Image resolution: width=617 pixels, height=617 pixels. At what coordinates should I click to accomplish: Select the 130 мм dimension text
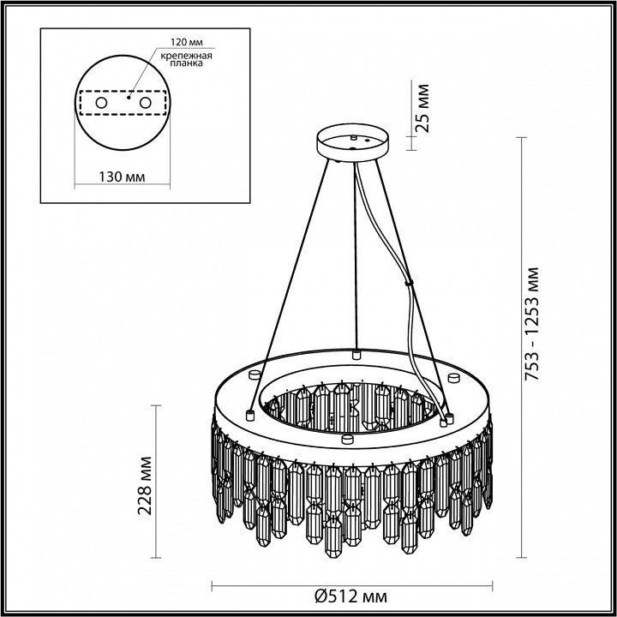pyautogui.click(x=120, y=177)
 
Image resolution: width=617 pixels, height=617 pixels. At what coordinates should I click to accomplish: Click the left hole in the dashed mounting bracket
pyautogui.click(x=101, y=103)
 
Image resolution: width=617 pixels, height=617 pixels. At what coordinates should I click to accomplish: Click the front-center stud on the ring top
pyautogui.click(x=347, y=440)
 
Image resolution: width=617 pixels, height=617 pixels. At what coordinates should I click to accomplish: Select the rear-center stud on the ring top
pyautogui.click(x=355, y=352)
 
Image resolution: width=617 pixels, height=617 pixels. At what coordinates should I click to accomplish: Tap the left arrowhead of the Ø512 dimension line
pyautogui.click(x=214, y=586)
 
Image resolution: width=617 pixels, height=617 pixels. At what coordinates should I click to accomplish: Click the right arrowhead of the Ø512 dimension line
pyautogui.click(x=492, y=586)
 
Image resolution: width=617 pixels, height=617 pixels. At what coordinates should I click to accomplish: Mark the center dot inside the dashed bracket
pyautogui.click(x=129, y=98)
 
